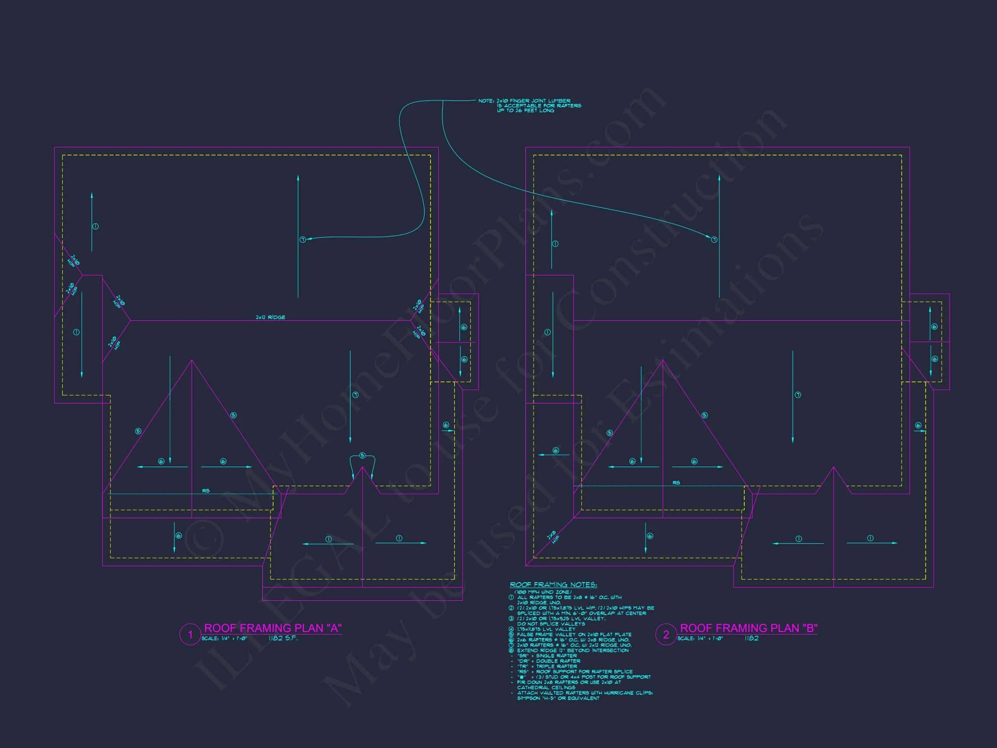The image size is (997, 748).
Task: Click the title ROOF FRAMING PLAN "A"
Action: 273,628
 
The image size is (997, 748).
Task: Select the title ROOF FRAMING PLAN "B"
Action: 748,628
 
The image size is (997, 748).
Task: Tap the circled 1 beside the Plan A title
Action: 190,635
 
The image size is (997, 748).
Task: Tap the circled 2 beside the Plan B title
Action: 666,635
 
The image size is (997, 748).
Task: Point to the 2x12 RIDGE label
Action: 270,317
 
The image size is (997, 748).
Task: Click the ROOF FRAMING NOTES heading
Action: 553,585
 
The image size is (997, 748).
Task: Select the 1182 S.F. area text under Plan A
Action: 283,638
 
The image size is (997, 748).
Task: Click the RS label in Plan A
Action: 206,491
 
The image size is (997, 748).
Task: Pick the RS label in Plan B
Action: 676,483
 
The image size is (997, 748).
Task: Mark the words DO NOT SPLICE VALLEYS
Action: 551,624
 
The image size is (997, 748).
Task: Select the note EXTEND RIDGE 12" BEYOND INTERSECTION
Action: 572,651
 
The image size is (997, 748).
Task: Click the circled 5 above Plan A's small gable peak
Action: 362,456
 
